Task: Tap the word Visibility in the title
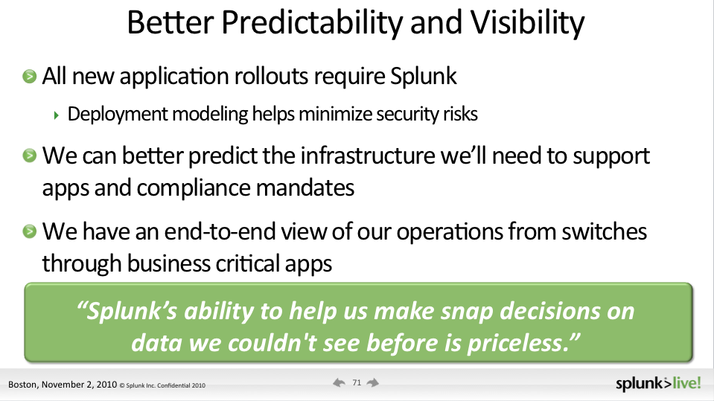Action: [x=527, y=23]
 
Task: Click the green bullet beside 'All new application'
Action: [x=30, y=76]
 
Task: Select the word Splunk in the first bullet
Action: [x=423, y=77]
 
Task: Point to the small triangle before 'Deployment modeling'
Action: [x=56, y=115]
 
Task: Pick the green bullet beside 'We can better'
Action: [x=30, y=155]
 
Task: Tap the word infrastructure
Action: [x=368, y=155]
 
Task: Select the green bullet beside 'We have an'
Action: [x=30, y=231]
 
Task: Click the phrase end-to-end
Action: [x=220, y=231]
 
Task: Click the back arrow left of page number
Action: [x=339, y=383]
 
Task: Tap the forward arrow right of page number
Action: [x=373, y=383]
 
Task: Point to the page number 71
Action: [x=357, y=383]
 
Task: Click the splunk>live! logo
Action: [x=658, y=384]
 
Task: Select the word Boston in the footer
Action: [x=22, y=385]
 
